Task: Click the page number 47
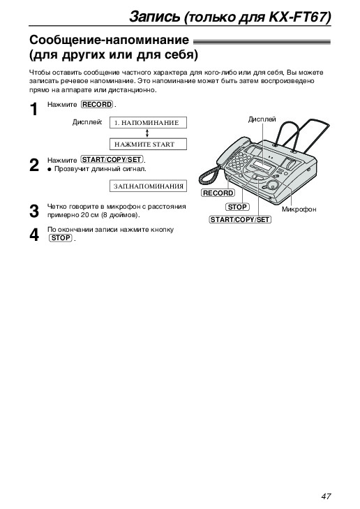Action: tap(326, 496)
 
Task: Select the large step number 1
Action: tap(33, 110)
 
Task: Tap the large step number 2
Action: tap(34, 165)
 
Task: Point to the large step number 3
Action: tap(34, 211)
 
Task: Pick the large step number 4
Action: tap(34, 235)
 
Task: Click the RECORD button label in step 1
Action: tap(97, 105)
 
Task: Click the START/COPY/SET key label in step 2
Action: tap(112, 160)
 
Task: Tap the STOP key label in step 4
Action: tap(61, 238)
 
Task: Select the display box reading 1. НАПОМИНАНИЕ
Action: tap(148, 123)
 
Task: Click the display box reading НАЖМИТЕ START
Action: tap(148, 144)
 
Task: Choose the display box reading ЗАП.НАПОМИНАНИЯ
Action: tap(148, 186)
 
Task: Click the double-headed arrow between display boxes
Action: tap(147, 133)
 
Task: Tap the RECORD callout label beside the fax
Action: tap(218, 193)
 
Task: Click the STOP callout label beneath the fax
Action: tap(237, 207)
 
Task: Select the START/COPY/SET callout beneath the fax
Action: tap(240, 220)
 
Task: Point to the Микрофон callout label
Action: tap(299, 209)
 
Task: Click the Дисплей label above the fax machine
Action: tap(262, 119)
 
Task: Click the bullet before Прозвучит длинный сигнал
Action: tap(50, 169)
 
